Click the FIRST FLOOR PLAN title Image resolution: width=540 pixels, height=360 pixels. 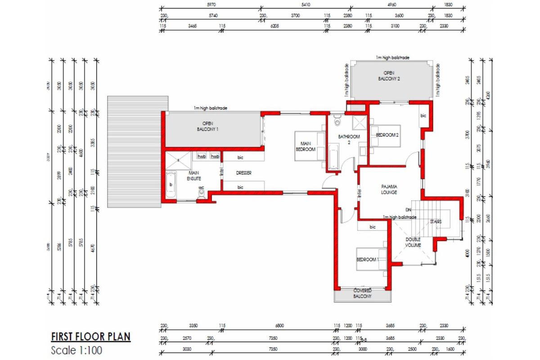[x=90, y=337]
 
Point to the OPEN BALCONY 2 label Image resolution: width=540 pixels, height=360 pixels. [x=389, y=76]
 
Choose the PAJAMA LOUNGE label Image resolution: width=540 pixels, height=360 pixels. [x=388, y=189]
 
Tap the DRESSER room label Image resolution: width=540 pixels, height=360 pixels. [x=243, y=173]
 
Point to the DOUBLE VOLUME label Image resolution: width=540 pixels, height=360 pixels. [x=413, y=243]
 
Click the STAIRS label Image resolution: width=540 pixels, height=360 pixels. [x=435, y=222]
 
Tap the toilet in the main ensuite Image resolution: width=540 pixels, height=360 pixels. [x=202, y=193]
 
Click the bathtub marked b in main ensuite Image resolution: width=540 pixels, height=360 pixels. [x=171, y=185]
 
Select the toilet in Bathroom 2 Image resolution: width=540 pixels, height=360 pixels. [x=338, y=121]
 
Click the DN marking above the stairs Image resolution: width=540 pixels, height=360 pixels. [x=408, y=210]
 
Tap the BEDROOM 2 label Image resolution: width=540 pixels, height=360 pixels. [x=387, y=135]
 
